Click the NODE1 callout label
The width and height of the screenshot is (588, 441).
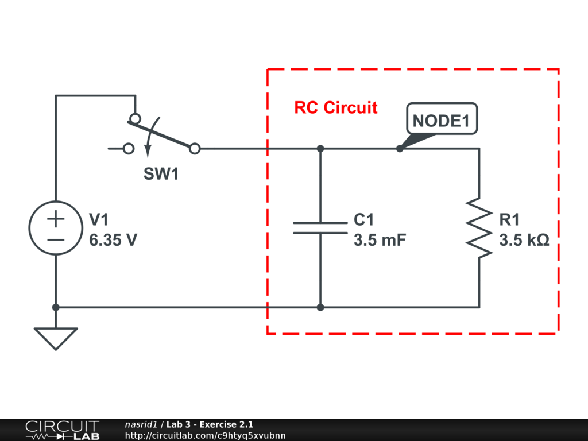442,121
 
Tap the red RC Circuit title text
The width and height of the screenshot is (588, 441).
336,107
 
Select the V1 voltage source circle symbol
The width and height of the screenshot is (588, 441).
56,228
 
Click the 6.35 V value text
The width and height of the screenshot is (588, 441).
113,241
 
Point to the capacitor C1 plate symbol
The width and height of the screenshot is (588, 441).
320,227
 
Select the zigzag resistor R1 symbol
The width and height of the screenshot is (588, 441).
479,227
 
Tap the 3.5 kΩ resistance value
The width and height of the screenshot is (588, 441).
524,241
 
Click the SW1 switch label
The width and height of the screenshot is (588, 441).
161,175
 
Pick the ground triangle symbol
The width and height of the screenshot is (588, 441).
56,338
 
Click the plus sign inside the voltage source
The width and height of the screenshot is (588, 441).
56,218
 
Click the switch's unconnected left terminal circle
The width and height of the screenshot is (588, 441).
129,149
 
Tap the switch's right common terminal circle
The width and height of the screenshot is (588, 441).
195,149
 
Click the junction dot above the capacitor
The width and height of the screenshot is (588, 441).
320,149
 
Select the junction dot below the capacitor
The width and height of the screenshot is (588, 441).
320,307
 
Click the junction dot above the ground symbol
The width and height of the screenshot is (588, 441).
56,307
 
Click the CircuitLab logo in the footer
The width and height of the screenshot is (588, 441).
62,430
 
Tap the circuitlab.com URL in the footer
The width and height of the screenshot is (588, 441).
205,435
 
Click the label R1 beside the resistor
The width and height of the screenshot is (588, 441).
509,220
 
